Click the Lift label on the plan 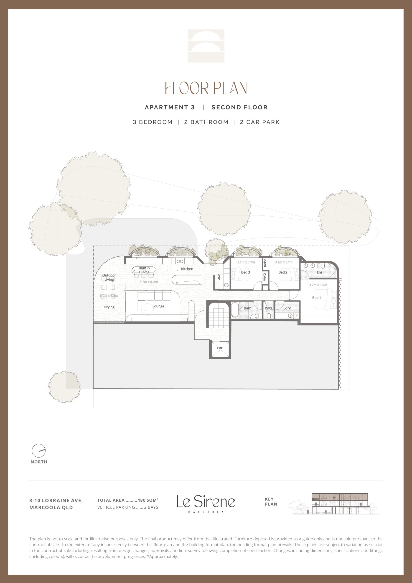(220, 348)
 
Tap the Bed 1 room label (316, 298)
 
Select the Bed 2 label (283, 272)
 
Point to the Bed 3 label (245, 272)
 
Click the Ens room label (319, 272)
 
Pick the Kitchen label (187, 269)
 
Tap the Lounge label (158, 306)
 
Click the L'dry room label (287, 308)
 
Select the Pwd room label (268, 308)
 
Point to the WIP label (219, 276)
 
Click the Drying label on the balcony (109, 307)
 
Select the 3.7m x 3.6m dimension (318, 285)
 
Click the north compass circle (39, 451)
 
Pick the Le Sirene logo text (206, 501)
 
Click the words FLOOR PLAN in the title (206, 88)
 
